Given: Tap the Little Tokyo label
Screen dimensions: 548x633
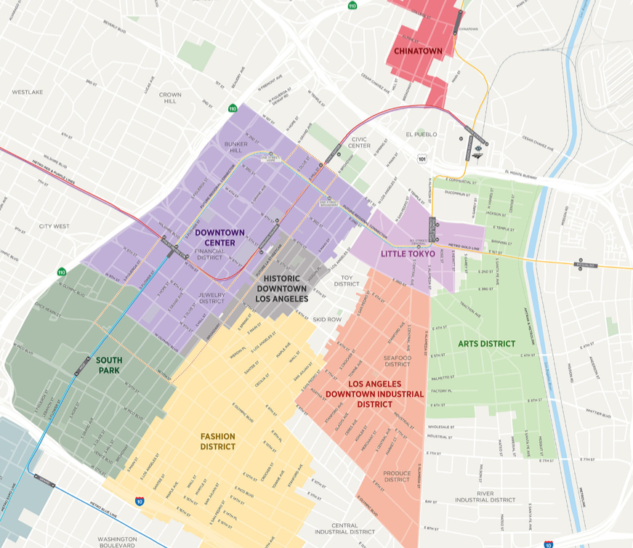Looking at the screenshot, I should [408, 254].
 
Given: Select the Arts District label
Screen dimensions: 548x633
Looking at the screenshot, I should [486, 343].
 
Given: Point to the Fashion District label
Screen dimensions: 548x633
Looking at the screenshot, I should [218, 441].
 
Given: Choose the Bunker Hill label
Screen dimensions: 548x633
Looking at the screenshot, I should [236, 148].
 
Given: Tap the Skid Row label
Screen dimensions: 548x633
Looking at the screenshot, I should [326, 319].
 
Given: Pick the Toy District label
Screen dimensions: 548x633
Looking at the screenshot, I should [347, 281].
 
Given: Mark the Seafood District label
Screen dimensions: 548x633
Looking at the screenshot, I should [398, 361].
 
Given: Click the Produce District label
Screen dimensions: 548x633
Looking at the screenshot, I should [397, 476].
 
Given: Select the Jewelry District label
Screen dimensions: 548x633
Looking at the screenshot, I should [211, 297].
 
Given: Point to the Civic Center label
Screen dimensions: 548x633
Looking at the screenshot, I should [359, 142].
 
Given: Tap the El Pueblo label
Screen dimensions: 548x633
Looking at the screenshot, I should [419, 134].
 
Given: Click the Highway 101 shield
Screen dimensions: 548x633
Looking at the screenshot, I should [422, 157].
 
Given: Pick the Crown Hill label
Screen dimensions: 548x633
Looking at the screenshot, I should [170, 98].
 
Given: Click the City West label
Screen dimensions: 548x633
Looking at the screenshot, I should [55, 226].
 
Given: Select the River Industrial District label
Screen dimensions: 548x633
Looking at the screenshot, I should [485, 496].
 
